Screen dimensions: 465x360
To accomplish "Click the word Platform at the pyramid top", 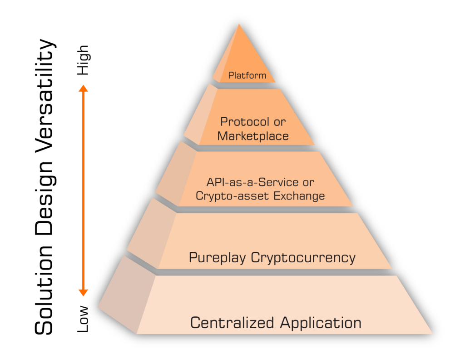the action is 247,75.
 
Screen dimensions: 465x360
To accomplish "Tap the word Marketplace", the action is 253,136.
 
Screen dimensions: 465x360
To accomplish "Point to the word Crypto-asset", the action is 233,196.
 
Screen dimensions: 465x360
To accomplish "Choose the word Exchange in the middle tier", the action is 299,196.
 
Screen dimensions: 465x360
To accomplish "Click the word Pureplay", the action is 218,258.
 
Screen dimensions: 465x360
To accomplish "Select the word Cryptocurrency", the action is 303,258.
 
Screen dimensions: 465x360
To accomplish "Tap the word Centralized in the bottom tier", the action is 232,323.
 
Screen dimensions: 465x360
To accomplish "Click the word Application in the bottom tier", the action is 321,323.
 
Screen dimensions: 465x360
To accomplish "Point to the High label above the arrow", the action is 83,60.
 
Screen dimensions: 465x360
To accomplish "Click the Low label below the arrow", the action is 83,319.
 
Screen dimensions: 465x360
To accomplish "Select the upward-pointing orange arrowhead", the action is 84,89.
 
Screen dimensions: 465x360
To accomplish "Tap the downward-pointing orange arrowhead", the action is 84,293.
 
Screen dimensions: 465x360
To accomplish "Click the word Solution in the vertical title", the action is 44,291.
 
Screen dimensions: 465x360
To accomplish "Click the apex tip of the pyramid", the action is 239,25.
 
